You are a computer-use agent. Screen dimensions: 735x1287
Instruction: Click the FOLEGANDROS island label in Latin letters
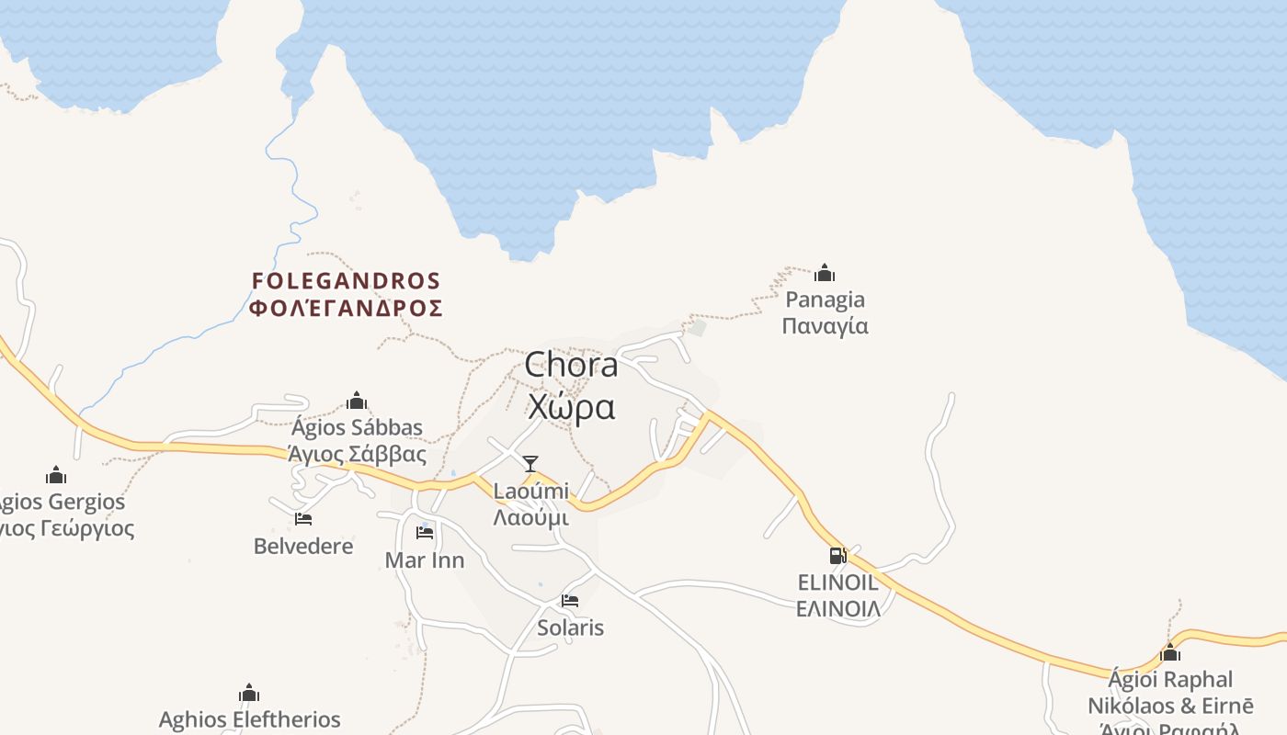(347, 280)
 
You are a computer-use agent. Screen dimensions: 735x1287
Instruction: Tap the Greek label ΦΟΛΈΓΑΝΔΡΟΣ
(347, 308)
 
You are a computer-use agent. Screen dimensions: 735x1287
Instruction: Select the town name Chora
(571, 366)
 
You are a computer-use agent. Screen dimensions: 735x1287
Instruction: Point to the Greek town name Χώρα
(571, 407)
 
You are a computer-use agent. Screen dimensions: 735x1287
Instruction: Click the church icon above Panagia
(825, 273)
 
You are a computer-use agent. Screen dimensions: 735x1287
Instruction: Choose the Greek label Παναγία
(825, 326)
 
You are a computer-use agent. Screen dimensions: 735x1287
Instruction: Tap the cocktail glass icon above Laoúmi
(530, 463)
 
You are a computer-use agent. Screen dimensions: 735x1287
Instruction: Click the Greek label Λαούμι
(530, 517)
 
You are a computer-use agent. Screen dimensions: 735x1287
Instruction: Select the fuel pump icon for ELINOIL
(837, 555)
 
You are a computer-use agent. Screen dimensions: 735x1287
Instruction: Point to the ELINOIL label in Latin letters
(837, 582)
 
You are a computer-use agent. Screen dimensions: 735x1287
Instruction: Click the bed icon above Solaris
(570, 601)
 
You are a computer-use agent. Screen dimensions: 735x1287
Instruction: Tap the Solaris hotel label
(570, 628)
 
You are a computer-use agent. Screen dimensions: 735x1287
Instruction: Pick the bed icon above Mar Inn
(425, 532)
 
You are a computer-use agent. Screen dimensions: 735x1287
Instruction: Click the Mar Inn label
(425, 560)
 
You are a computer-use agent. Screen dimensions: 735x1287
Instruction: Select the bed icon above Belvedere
(303, 519)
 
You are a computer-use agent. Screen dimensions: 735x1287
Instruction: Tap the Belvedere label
(303, 547)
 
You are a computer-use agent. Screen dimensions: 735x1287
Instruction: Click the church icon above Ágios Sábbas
(357, 401)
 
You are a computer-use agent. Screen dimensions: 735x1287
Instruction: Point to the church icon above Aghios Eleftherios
(249, 693)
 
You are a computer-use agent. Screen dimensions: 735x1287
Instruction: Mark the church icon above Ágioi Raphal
(1170, 652)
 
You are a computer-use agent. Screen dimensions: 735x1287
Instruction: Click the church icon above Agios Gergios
(56, 475)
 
